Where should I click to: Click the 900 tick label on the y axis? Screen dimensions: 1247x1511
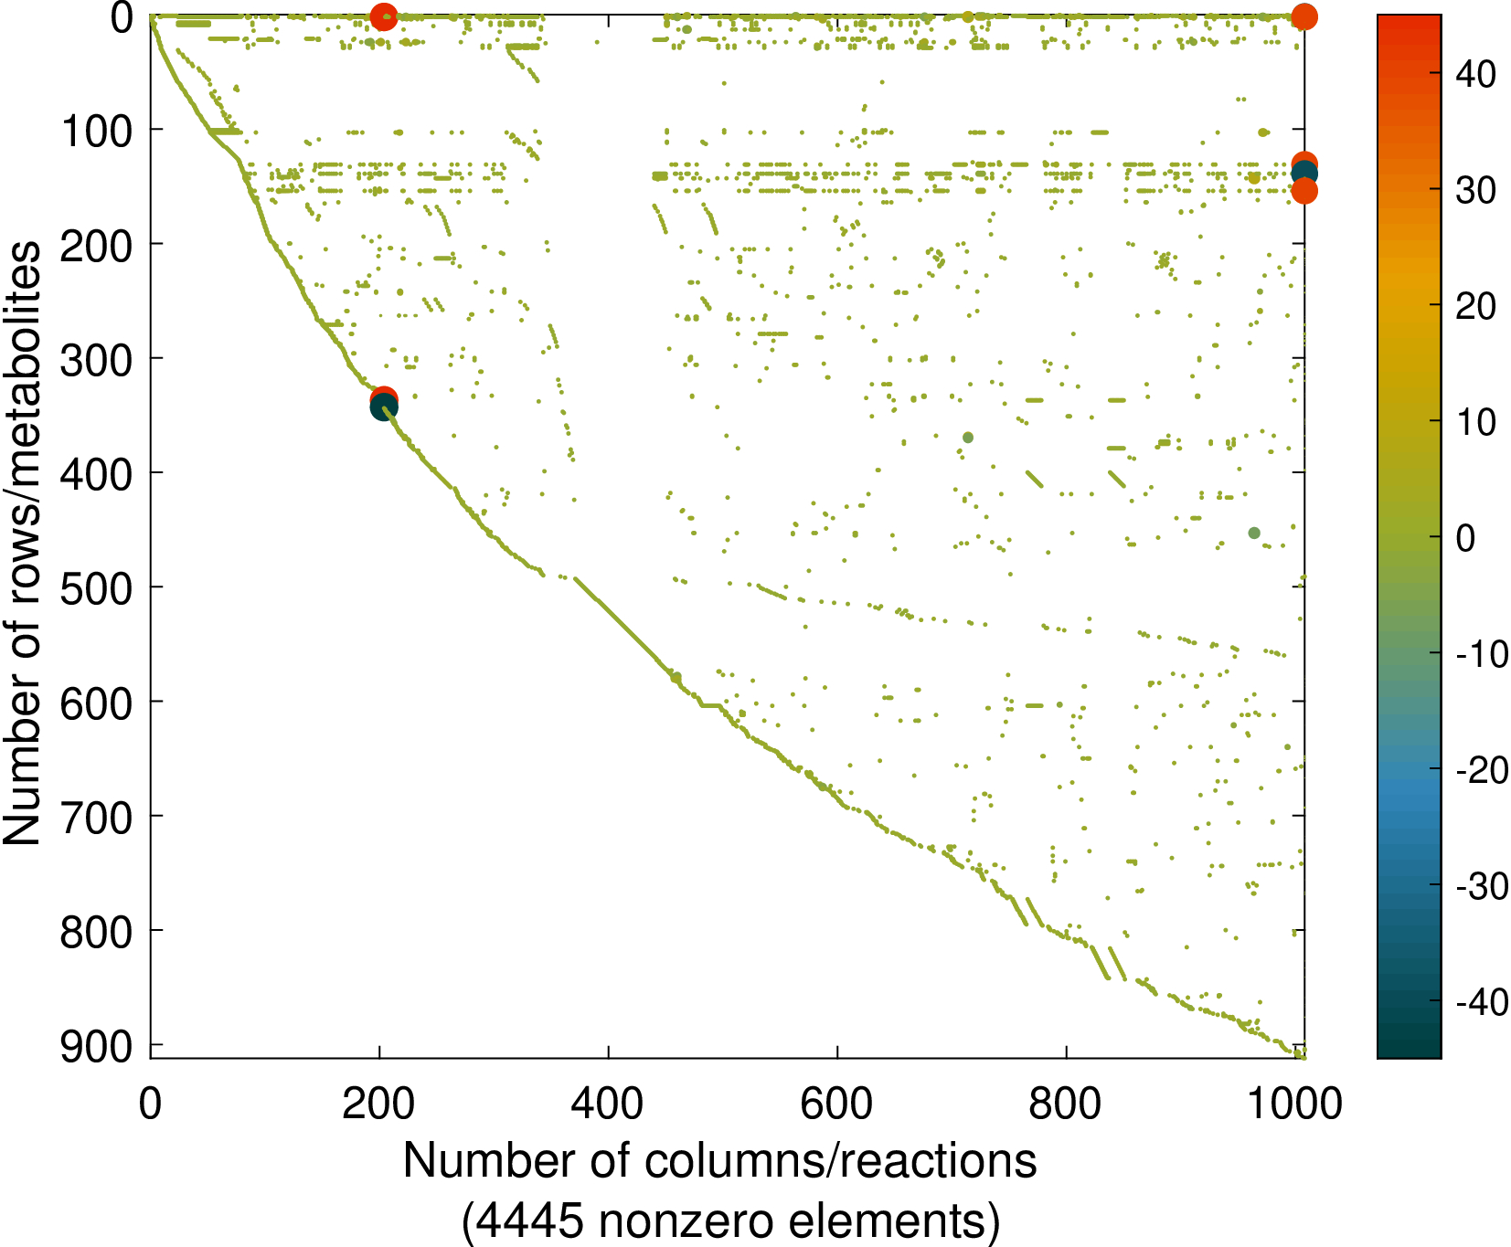(96, 1047)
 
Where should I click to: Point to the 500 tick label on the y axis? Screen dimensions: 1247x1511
(96, 589)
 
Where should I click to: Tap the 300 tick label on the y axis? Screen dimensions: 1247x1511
(96, 361)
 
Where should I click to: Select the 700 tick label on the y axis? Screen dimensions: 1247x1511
(96, 819)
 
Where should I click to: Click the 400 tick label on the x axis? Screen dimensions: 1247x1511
(607, 1104)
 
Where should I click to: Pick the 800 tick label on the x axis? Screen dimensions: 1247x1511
(1065, 1104)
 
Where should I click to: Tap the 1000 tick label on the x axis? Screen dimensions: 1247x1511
(1294, 1104)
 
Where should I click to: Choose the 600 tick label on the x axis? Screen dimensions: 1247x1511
(836, 1104)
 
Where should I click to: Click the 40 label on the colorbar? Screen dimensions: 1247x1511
(1475, 75)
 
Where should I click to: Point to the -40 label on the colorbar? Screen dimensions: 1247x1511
(1482, 1002)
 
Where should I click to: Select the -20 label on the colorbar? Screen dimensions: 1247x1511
(1482, 770)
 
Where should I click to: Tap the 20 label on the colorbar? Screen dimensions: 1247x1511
(1475, 306)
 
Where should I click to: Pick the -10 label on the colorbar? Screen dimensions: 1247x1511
(1482, 654)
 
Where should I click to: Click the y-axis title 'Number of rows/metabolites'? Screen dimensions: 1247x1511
(22, 543)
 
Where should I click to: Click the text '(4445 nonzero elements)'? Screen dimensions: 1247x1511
(730, 1221)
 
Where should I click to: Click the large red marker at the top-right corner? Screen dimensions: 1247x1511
(1304, 16)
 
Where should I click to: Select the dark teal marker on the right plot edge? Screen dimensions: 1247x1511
(1304, 174)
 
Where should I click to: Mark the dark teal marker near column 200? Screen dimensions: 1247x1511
(384, 408)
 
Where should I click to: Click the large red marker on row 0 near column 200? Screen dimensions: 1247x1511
(384, 16)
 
